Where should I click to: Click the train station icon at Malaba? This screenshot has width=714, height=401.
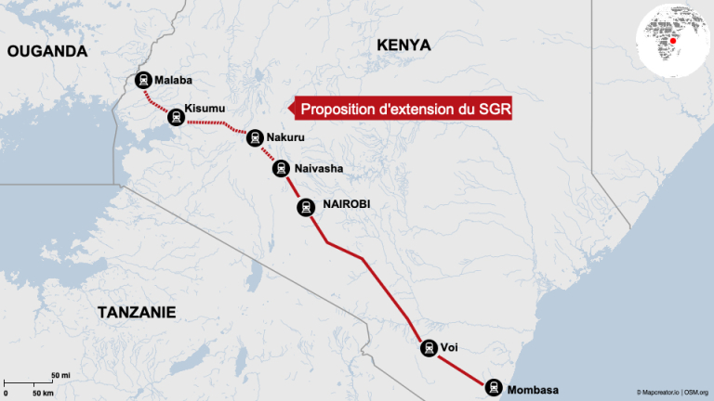pyautogui.click(x=144, y=81)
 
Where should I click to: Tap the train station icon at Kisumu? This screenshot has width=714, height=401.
pyautogui.click(x=175, y=117)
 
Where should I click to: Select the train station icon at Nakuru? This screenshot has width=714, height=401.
pyautogui.click(x=254, y=137)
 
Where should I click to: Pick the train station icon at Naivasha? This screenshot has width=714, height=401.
pyautogui.click(x=281, y=168)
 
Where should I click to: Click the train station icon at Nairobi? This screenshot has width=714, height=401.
pyautogui.click(x=306, y=207)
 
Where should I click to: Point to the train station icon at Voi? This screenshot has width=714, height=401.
pyautogui.click(x=428, y=348)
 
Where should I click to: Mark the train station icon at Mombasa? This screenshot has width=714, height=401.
pyautogui.click(x=491, y=387)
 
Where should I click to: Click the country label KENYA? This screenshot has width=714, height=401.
pyautogui.click(x=403, y=45)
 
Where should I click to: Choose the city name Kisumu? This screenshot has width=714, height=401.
pyautogui.click(x=205, y=110)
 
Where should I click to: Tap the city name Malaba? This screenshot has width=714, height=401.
pyautogui.click(x=174, y=80)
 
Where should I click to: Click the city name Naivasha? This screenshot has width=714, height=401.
pyautogui.click(x=318, y=168)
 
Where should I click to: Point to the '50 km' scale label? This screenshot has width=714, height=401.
pyautogui.click(x=43, y=394)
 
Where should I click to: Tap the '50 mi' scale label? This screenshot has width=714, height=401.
pyautogui.click(x=59, y=374)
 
